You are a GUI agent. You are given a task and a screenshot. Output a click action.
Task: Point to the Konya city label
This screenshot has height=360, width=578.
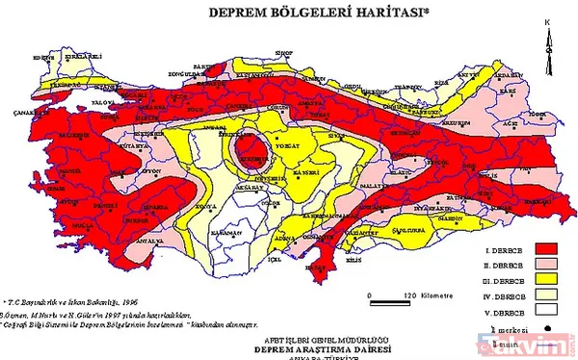pos(200,208)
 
